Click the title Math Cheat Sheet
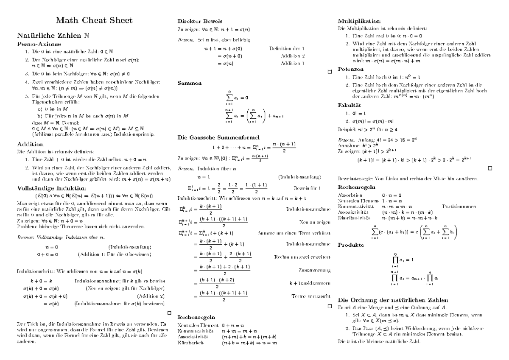tap(95, 20)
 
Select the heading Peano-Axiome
tap(39, 44)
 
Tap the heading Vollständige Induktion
tap(52, 188)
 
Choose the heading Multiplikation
tap(359, 21)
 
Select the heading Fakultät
tap(349, 105)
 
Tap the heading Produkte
tap(350, 245)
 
